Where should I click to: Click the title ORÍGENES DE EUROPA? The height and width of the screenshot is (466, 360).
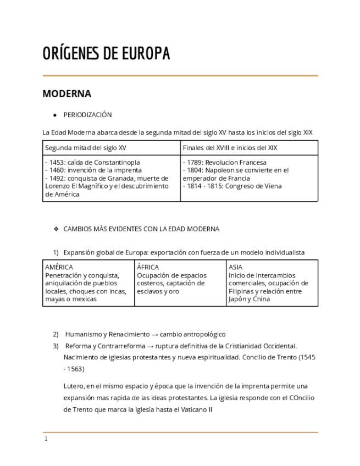coord(106,54)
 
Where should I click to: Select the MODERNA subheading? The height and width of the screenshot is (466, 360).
coord(67,93)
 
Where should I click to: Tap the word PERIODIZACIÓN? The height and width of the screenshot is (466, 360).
coord(87,115)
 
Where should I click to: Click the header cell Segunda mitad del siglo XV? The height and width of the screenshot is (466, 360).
coord(86,148)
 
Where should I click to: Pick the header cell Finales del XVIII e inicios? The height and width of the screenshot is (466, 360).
coord(230,148)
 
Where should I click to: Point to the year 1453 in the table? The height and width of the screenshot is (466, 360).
coord(58,163)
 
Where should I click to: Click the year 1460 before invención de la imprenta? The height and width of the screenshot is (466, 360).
coord(58,170)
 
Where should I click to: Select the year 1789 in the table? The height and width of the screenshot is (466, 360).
coord(196,163)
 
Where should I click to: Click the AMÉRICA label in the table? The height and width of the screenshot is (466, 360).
coord(59,268)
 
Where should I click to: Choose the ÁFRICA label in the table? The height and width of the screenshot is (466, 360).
coord(148,268)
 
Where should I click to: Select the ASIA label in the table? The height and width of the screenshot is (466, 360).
coord(235,268)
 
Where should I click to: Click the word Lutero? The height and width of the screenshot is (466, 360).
coord(74,386)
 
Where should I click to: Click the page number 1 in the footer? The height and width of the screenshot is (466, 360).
coord(46,439)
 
